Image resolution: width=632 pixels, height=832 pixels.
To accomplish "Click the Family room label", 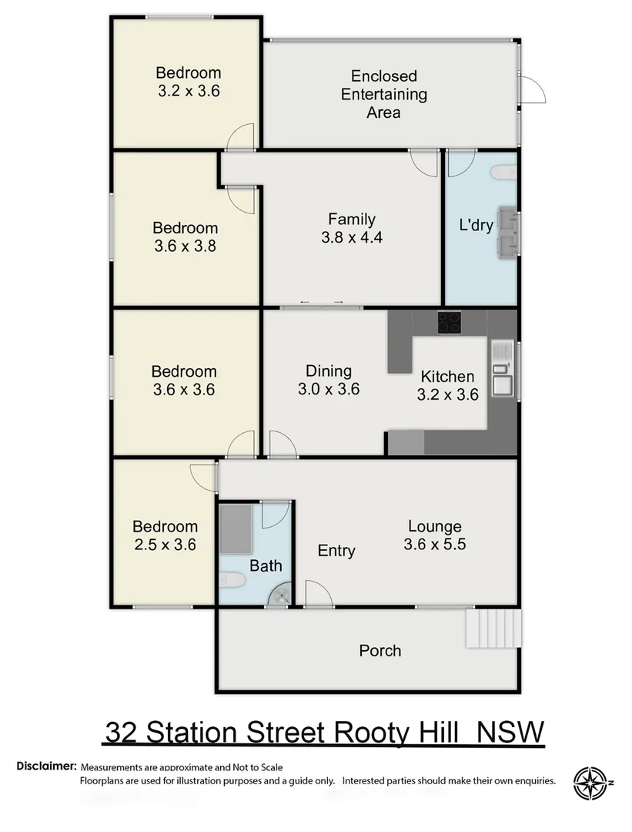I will coord(352,228).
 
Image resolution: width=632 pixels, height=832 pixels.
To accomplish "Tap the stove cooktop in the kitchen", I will coord(450,322).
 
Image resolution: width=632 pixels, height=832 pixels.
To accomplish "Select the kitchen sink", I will coord(501,367).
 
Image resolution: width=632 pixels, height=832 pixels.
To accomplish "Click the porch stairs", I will coord(493,628).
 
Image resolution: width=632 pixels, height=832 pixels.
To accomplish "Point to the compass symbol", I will coord(591,783).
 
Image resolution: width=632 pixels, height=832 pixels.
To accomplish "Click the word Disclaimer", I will coord(46,767).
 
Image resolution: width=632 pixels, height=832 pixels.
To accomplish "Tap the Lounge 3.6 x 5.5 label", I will coord(435,535).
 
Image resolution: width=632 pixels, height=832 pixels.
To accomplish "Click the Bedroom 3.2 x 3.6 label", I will coord(188,82).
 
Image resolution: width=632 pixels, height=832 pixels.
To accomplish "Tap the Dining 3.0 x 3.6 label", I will coord(329,380).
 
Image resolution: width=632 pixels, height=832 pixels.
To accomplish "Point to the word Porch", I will coord(380,650).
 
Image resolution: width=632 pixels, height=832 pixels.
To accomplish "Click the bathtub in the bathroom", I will coord(236,529).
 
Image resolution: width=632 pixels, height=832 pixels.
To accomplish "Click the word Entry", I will coord(336,551).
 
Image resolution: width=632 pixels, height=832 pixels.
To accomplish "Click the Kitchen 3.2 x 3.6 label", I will coord(447,386).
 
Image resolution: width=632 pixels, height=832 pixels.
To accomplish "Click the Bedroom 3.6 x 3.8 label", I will coord(185,237).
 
